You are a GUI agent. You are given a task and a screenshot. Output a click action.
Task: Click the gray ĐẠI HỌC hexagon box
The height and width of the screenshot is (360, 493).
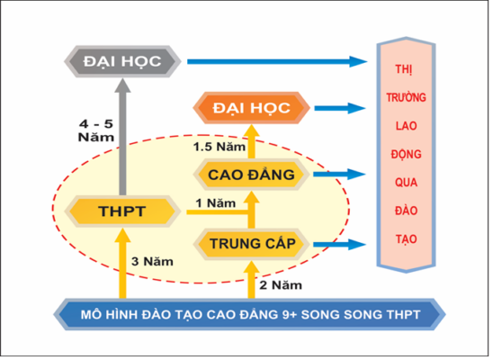[x=122, y=61]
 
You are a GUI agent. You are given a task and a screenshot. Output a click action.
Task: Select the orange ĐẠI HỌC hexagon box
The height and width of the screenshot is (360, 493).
[x=251, y=108]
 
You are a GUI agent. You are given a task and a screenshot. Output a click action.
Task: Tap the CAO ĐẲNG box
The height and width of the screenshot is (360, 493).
[x=251, y=175]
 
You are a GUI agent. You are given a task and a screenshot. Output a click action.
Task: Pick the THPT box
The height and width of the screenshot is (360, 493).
[x=122, y=211]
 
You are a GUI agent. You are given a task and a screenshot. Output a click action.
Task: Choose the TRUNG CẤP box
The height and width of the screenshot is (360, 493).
[x=252, y=244]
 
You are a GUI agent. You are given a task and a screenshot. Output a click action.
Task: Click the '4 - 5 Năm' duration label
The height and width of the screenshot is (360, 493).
[x=96, y=130]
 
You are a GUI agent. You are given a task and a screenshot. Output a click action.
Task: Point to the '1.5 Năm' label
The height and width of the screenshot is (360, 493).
[x=220, y=147]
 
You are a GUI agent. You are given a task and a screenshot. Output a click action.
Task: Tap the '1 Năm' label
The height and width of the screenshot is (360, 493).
[x=216, y=203]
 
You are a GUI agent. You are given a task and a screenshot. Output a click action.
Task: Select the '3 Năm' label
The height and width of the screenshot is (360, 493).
[x=152, y=261]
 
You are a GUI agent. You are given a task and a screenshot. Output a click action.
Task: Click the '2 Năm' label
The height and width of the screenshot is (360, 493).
[x=281, y=285]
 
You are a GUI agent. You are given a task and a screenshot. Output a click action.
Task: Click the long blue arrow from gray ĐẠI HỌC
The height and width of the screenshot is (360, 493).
[x=277, y=61]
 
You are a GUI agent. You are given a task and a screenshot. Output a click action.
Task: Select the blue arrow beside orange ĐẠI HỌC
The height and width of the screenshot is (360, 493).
[x=340, y=108]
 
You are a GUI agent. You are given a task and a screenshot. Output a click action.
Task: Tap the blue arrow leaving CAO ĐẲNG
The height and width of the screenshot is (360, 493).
[x=339, y=175]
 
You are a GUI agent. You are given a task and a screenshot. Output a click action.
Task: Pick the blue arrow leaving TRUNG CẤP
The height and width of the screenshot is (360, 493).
[x=340, y=244]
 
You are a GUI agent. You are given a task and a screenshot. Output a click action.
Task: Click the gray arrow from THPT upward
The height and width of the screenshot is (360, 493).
[x=122, y=137]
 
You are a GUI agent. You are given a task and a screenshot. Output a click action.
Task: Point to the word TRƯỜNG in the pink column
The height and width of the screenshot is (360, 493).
[x=407, y=97]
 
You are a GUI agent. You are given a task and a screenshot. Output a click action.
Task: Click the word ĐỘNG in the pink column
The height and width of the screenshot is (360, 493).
[x=407, y=154]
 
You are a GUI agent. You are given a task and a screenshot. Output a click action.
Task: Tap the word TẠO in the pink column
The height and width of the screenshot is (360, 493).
[x=407, y=239]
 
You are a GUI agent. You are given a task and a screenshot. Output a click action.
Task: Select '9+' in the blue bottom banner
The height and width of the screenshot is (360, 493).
[x=290, y=314]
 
